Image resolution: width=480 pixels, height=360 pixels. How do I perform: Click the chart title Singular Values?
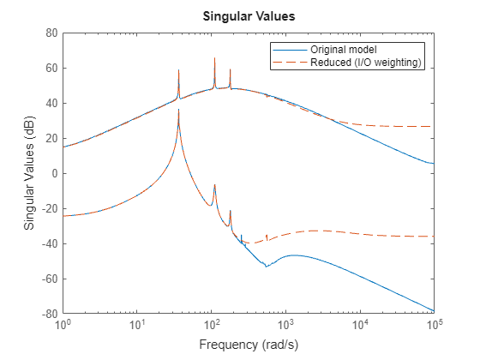(248, 15)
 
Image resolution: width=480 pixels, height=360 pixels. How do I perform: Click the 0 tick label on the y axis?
(55, 173)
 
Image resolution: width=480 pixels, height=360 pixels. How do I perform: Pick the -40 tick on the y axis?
(49, 243)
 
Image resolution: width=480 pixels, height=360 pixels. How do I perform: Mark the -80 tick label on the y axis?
(49, 314)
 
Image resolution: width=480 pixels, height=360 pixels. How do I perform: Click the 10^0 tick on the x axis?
(63, 326)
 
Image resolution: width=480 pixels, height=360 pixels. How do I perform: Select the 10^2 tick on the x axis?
(211, 326)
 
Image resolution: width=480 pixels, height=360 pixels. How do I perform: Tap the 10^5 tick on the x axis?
(434, 326)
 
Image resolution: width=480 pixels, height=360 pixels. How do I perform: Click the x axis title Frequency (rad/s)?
(248, 345)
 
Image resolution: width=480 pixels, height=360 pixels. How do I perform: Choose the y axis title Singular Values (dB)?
(29, 173)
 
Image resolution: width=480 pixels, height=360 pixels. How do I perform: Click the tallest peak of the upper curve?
(214, 58)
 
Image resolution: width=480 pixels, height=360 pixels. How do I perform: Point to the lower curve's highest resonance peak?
(178, 110)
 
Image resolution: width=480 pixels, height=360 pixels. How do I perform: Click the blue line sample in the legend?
(285, 48)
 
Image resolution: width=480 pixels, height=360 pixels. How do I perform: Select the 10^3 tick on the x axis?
(285, 326)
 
